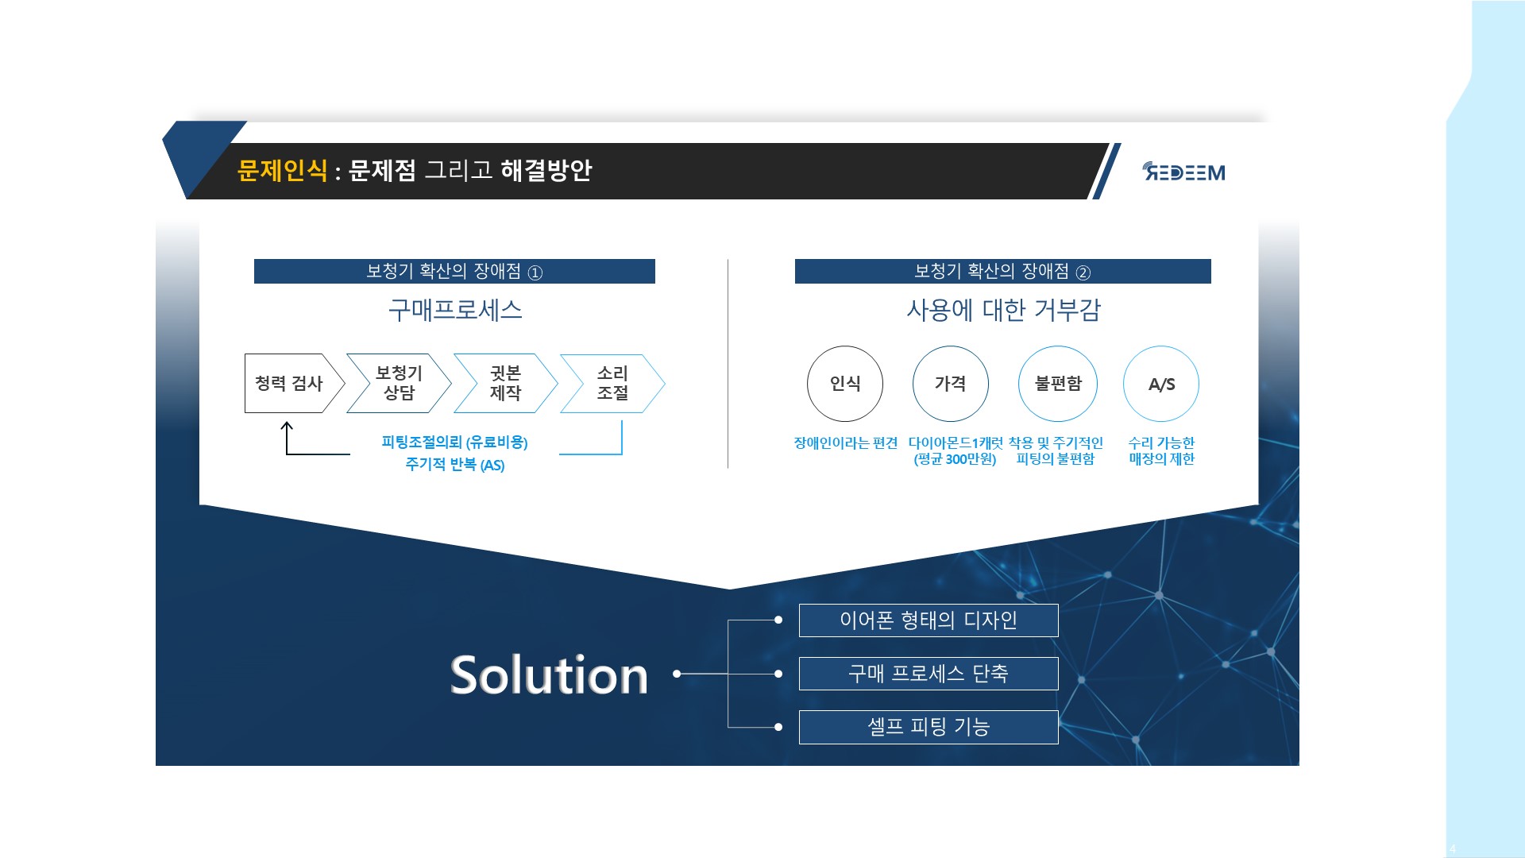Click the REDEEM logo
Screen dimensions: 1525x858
[1183, 172]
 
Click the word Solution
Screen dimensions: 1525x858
[549, 675]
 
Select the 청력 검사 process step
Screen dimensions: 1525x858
[295, 383]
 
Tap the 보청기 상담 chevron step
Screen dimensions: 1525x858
[400, 383]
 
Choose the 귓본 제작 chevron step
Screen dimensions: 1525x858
[506, 383]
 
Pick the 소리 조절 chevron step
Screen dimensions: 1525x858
[612, 383]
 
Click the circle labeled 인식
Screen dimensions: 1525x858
[845, 384]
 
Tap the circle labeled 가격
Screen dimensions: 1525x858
[951, 384]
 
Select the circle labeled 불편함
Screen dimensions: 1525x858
[1058, 384]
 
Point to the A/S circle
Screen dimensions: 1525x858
[1161, 384]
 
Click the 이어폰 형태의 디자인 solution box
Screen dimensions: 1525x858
[929, 620]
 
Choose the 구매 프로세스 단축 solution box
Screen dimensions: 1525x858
[929, 674]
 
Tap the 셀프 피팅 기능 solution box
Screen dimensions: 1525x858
[929, 727]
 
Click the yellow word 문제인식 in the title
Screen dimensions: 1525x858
[282, 170]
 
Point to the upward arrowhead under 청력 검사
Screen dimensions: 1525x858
[287, 427]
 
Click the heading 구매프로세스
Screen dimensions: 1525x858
[455, 310]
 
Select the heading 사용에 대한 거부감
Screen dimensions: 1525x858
[1004, 310]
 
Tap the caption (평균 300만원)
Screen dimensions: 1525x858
[955, 459]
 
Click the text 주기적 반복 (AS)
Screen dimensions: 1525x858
[455, 465]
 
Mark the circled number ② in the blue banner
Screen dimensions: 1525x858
[1083, 272]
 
